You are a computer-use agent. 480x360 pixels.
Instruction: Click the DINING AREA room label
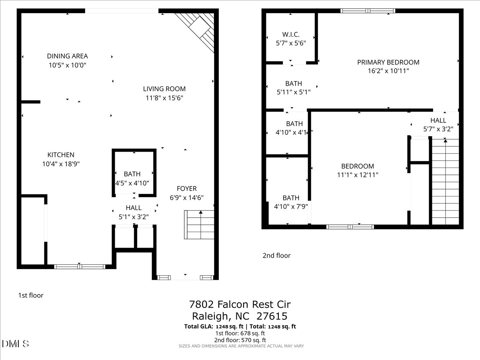coord(67,56)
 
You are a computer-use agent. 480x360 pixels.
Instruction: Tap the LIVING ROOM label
coord(164,89)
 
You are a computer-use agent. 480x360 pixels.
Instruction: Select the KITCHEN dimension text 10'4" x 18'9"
coord(61,164)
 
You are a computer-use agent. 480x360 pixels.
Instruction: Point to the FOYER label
coord(186,188)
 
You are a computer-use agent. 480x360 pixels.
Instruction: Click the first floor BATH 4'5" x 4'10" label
coord(132,178)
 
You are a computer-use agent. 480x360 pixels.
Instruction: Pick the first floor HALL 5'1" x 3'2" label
coord(134,212)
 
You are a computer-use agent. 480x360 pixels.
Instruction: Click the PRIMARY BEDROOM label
coord(388,62)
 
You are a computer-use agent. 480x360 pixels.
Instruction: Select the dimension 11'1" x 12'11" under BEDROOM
coord(358,175)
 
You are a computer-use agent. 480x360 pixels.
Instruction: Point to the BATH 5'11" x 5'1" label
coord(294,88)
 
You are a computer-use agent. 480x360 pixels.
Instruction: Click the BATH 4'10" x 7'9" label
coord(291,202)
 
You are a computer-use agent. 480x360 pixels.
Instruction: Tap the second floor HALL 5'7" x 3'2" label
coord(438,124)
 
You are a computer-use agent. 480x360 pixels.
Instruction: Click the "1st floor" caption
coord(31,295)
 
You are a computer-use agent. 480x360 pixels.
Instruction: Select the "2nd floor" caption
coord(276,256)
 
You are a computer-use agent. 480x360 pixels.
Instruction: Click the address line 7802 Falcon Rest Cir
coord(240,304)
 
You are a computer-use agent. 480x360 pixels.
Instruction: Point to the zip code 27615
coord(272,316)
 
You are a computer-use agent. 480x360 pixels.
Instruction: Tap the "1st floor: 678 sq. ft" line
coord(240,333)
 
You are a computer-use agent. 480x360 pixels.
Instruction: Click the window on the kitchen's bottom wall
coord(80,267)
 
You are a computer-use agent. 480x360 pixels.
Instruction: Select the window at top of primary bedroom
coord(368,11)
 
